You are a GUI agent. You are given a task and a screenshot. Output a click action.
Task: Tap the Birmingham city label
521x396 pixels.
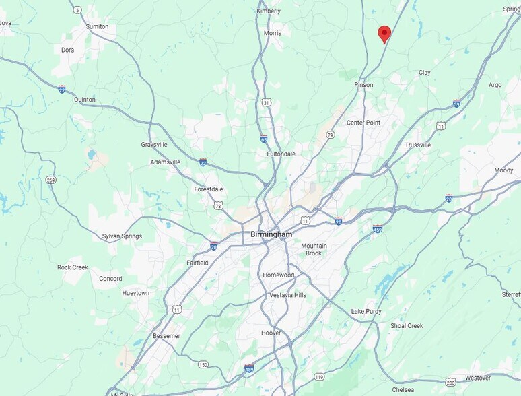(271, 234)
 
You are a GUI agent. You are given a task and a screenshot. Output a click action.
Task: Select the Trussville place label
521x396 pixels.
(418, 145)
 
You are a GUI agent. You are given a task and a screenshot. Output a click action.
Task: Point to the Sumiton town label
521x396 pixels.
(97, 26)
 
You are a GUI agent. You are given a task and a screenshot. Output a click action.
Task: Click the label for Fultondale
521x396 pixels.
(281, 154)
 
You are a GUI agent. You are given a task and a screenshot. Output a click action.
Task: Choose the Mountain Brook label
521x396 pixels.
(314, 249)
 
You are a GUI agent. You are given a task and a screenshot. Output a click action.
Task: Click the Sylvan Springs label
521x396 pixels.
(122, 236)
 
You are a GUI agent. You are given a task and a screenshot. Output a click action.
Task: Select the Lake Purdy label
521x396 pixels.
(366, 312)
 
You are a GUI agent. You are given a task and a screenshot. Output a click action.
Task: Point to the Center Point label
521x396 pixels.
(363, 123)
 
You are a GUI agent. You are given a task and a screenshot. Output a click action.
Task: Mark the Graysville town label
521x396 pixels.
(154, 145)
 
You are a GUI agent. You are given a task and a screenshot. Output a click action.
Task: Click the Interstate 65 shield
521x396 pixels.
(265, 139)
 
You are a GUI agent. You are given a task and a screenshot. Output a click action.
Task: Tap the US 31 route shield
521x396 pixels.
(267, 102)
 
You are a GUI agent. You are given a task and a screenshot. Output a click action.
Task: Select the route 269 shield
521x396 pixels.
(51, 180)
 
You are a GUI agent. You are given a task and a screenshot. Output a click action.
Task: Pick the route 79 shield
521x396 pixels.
(331, 135)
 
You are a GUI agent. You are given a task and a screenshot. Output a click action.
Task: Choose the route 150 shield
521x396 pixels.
(203, 364)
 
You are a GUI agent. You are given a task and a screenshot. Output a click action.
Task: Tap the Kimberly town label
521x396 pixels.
(269, 11)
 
